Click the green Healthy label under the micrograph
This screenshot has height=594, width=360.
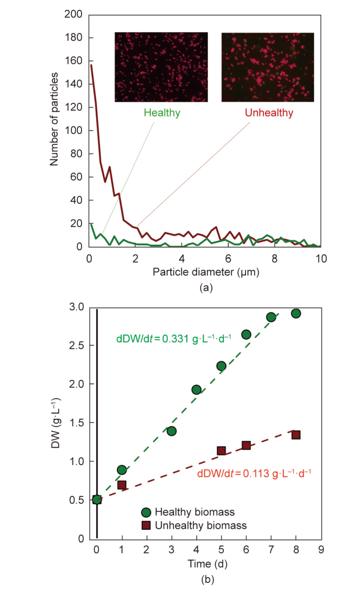point(162,113)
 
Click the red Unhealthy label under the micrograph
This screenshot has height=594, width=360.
point(268,113)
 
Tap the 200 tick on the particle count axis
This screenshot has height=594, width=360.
point(74,14)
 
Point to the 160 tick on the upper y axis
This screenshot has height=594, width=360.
point(74,61)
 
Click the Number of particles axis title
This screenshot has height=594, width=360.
point(54,120)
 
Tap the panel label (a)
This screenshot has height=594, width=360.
point(205,288)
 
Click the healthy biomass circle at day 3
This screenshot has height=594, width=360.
point(172,431)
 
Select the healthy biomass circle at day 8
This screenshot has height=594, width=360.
point(296,313)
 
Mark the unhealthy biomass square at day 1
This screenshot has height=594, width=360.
point(122,485)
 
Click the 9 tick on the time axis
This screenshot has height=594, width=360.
point(321,549)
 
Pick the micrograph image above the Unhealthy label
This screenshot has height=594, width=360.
point(267,67)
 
